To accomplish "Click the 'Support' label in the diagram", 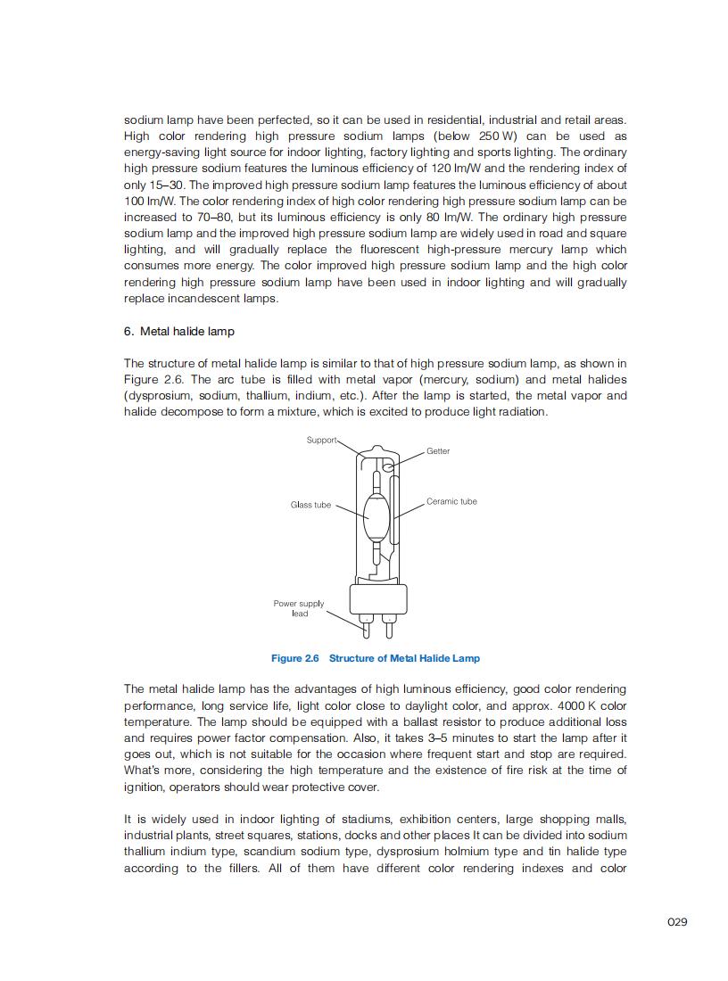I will pos(321,440).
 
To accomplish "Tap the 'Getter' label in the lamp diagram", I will pos(438,451).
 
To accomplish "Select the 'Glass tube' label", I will pos(310,505).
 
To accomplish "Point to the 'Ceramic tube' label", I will pos(451,501).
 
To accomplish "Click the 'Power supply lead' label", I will pos(299,608).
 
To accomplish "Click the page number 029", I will pos(677,922).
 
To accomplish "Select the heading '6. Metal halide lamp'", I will pos(179,332).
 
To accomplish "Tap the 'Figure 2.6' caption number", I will pos(294,658).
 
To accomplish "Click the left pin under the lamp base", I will pos(367,626).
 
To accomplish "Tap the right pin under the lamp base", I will pos(390,626).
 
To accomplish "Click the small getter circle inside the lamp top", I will pos(388,466).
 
